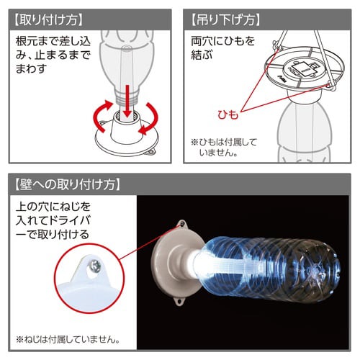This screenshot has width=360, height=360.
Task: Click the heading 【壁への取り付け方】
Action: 66,184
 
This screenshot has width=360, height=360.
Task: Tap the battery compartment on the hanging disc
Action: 302,70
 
